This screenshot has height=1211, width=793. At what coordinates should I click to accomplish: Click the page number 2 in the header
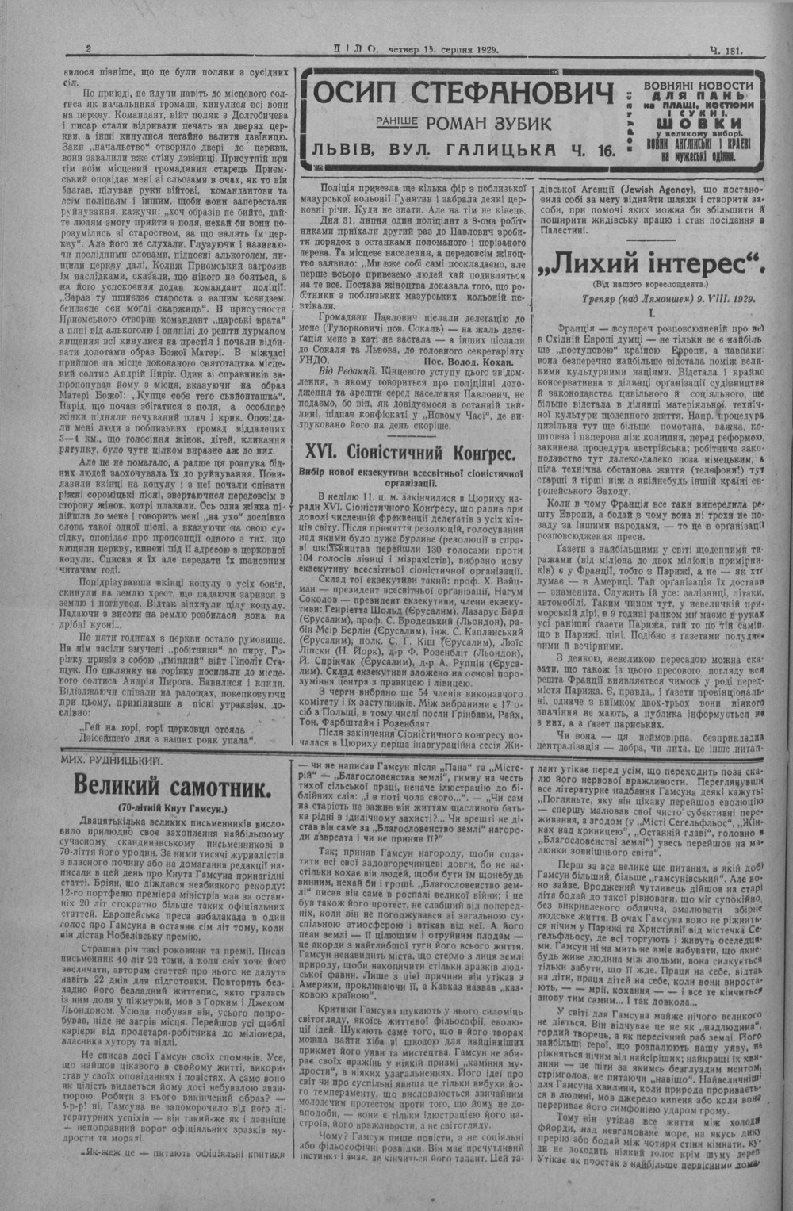click(89, 49)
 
